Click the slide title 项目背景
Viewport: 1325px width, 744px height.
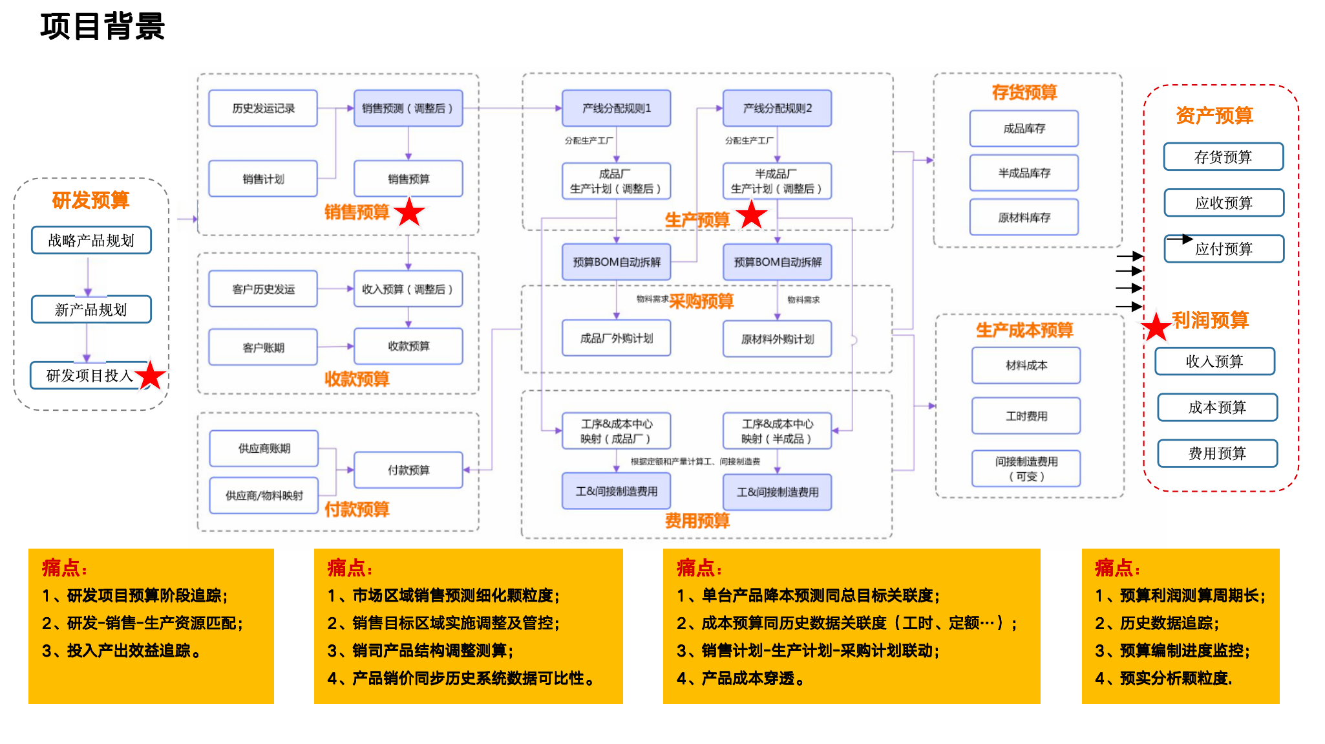click(102, 27)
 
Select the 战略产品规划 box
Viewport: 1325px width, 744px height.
click(91, 241)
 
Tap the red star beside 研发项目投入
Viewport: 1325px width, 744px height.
click(151, 375)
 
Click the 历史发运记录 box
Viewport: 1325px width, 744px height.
click(263, 108)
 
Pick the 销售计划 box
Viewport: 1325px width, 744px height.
click(263, 179)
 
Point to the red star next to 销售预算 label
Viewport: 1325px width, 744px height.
click(409, 213)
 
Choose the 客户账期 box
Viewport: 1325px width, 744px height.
click(263, 347)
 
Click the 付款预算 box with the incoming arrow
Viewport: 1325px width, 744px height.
click(408, 470)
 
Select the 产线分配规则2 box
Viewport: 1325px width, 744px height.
click(777, 108)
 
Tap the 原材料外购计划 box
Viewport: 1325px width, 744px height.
click(777, 339)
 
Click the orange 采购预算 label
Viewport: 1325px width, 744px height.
click(701, 301)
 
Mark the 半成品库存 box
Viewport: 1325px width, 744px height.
click(1024, 173)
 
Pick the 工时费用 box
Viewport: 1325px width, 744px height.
click(1026, 415)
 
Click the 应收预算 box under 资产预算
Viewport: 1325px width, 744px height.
click(1224, 203)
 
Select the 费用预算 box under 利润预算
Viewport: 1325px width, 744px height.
click(1217, 453)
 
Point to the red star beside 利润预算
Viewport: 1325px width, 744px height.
click(1156, 327)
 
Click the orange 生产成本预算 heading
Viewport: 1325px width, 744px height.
click(1024, 331)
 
